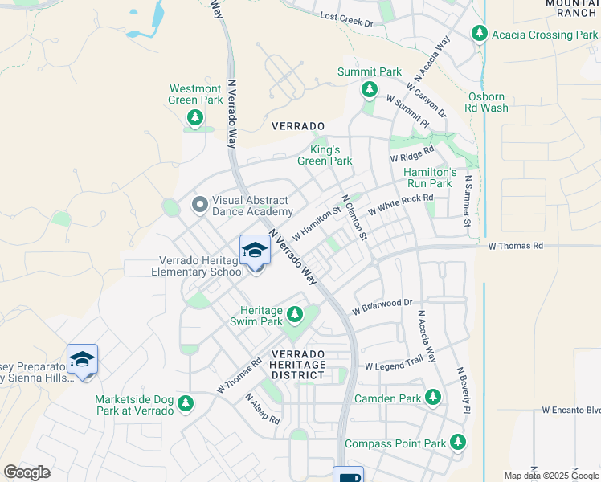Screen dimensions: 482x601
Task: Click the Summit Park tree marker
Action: (x=370, y=90)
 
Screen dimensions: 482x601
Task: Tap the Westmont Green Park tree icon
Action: (x=195, y=119)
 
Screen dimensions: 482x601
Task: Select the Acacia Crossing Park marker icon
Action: (x=480, y=34)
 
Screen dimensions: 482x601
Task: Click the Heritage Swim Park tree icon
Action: (x=295, y=312)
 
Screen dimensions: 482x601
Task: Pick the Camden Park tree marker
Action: (x=433, y=397)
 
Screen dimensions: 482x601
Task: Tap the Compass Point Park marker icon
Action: (x=457, y=441)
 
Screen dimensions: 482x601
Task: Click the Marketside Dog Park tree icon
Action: (x=186, y=402)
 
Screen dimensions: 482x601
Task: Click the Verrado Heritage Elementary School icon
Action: (x=255, y=250)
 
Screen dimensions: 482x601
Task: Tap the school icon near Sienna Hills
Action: (x=82, y=360)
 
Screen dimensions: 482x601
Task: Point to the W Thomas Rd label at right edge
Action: (x=516, y=246)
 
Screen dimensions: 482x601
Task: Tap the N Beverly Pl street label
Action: (x=463, y=391)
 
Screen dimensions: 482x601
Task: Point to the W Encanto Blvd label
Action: (x=570, y=410)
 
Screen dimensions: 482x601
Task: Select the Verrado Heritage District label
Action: (x=299, y=364)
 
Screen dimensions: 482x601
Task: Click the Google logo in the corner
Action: (x=27, y=472)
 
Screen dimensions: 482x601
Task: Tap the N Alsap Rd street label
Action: (x=263, y=409)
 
